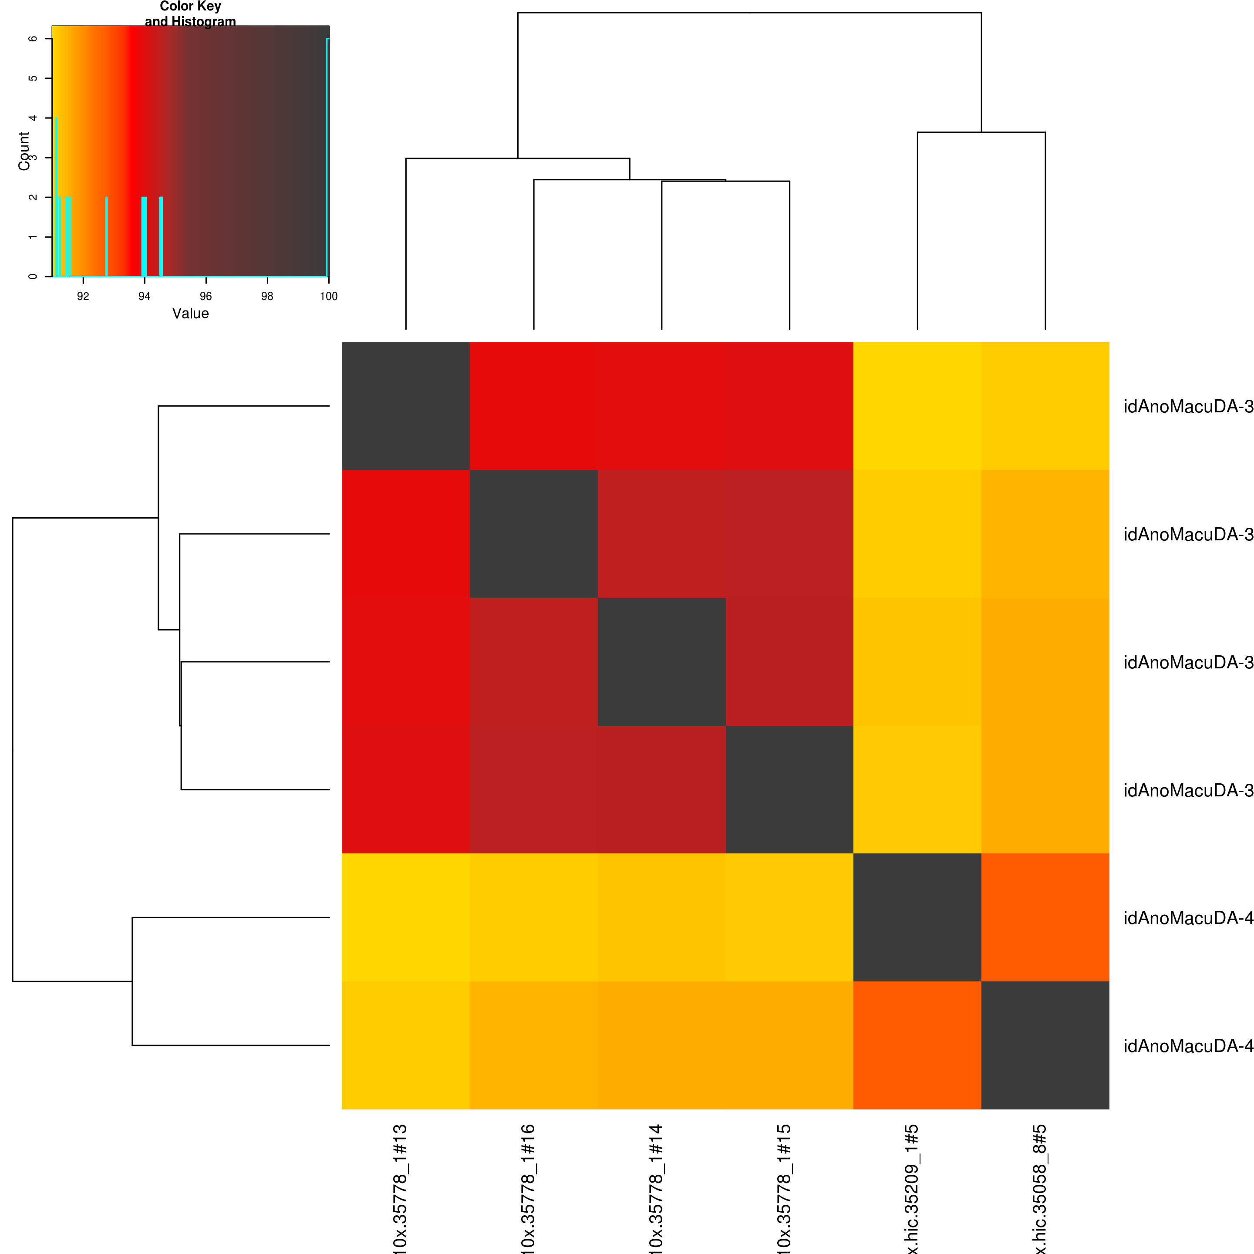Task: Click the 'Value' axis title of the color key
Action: (x=190, y=313)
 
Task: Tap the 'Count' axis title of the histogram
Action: (x=24, y=151)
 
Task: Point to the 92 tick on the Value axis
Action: (x=83, y=297)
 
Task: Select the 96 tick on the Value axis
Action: (x=206, y=297)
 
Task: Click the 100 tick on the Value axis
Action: (x=328, y=297)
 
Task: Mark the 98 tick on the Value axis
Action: (x=267, y=297)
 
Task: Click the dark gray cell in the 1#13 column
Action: (x=406, y=406)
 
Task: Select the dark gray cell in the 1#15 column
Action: (x=789, y=789)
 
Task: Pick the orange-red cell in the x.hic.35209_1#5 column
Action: (x=917, y=1045)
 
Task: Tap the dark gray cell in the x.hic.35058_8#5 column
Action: (x=1045, y=1045)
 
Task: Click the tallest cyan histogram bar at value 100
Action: (x=328, y=156)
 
